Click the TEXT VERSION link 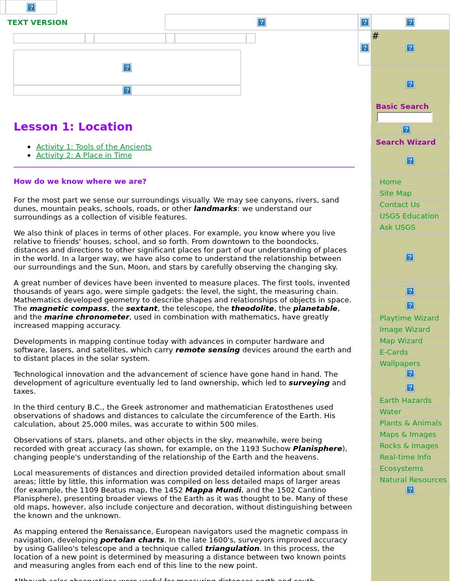(37, 23)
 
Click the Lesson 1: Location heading (73, 127)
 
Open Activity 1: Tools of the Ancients (94, 147)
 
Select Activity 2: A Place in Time (84, 155)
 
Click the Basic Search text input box (404, 117)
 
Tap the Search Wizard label (405, 142)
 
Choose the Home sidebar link (390, 182)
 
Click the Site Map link (395, 193)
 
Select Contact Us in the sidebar (400, 205)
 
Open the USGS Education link (409, 216)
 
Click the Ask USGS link (397, 228)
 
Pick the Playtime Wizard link (409, 318)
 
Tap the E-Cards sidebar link (393, 352)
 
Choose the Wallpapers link (400, 364)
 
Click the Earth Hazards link (405, 401)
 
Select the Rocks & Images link (409, 446)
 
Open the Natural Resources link (413, 480)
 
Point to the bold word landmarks (215, 209)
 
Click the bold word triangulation (232, 549)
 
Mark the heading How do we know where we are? (80, 182)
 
